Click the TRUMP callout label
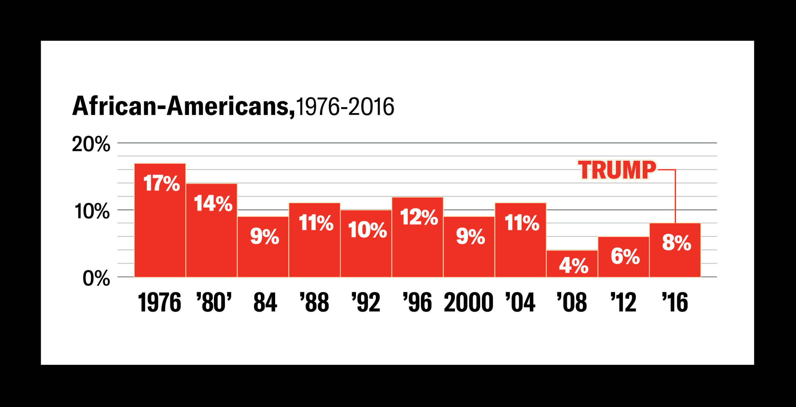[x=617, y=170]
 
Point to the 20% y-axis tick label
[x=91, y=144]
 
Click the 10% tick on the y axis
[x=92, y=211]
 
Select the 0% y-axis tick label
[x=96, y=278]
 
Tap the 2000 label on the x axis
[x=468, y=302]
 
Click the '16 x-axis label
[x=675, y=302]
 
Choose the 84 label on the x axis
[x=265, y=302]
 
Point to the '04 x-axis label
[x=520, y=302]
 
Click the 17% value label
[x=161, y=183]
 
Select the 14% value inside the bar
[x=213, y=204]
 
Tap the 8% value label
[x=676, y=243]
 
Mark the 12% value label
[x=419, y=217]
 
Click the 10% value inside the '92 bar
[x=367, y=230]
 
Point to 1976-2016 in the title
[x=345, y=107]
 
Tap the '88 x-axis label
[x=314, y=302]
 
